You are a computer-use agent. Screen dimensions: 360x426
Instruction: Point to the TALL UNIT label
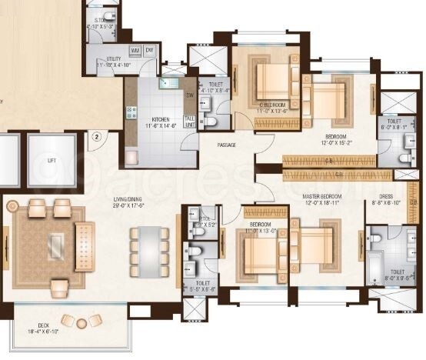[x=189, y=121]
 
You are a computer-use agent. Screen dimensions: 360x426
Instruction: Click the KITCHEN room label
[x=161, y=119]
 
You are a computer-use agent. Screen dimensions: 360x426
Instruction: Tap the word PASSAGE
[x=226, y=145]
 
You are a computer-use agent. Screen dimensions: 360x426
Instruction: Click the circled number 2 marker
[x=97, y=138]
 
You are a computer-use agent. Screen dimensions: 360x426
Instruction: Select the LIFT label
[x=51, y=161]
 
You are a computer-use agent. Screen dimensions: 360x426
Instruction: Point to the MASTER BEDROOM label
[x=321, y=198]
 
